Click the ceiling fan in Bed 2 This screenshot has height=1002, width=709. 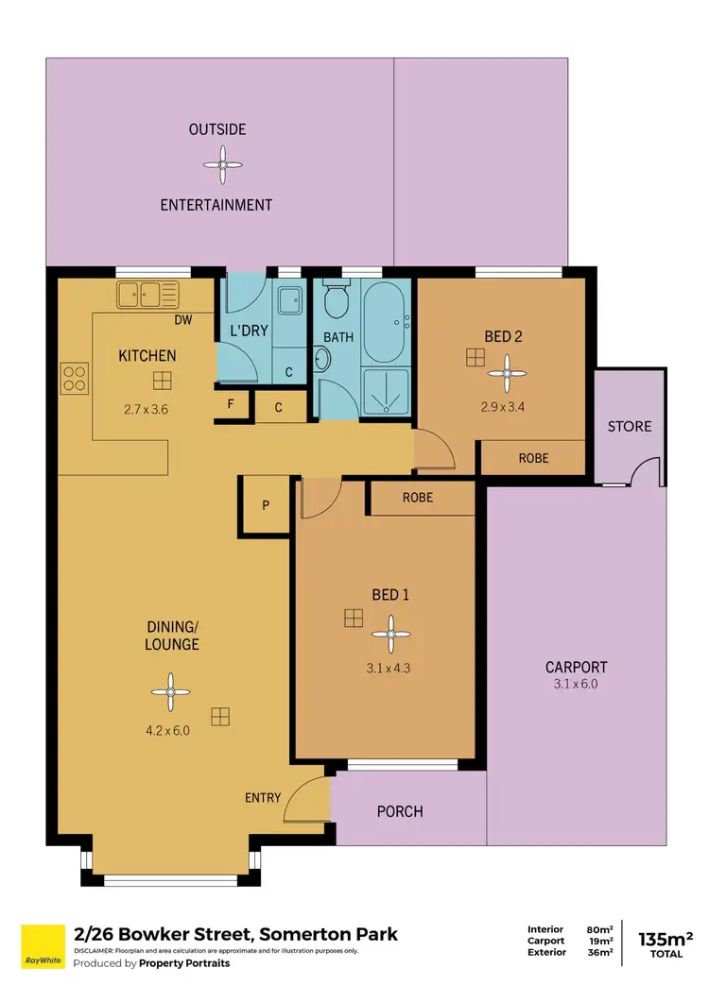click(x=508, y=372)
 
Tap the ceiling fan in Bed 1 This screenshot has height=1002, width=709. click(x=389, y=636)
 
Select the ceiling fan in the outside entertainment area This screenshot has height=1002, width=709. click(x=222, y=166)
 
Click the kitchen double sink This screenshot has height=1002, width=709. click(x=147, y=296)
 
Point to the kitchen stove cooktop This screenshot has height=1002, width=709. click(x=75, y=378)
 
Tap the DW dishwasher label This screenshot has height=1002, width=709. click(x=183, y=320)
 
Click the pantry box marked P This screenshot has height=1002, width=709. click(x=266, y=505)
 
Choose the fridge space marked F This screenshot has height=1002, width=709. click(x=232, y=407)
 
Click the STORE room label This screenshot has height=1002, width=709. click(x=630, y=426)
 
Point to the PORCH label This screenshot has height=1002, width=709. click(x=400, y=811)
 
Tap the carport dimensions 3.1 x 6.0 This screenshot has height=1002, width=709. click(x=576, y=684)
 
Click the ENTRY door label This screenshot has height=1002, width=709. click(x=262, y=798)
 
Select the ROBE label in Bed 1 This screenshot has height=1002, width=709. click(x=417, y=497)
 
